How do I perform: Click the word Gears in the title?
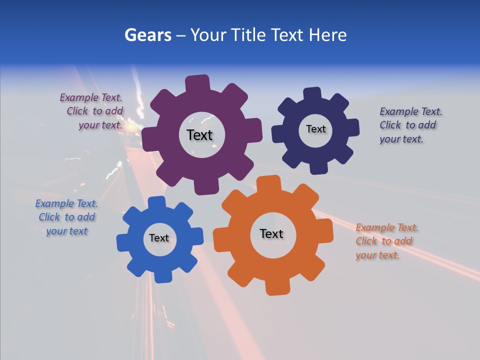[148, 35]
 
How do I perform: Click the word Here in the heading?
[327, 35]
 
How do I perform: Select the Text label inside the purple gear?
[199, 135]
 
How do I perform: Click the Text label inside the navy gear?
[315, 129]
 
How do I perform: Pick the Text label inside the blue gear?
[159, 238]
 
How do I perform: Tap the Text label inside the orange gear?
[271, 233]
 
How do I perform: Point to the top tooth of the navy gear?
[312, 94]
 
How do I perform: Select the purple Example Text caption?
[91, 111]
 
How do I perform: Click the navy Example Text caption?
[410, 125]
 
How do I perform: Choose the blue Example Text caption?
[66, 217]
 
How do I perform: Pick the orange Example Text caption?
[386, 241]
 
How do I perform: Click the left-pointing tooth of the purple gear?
[148, 139]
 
